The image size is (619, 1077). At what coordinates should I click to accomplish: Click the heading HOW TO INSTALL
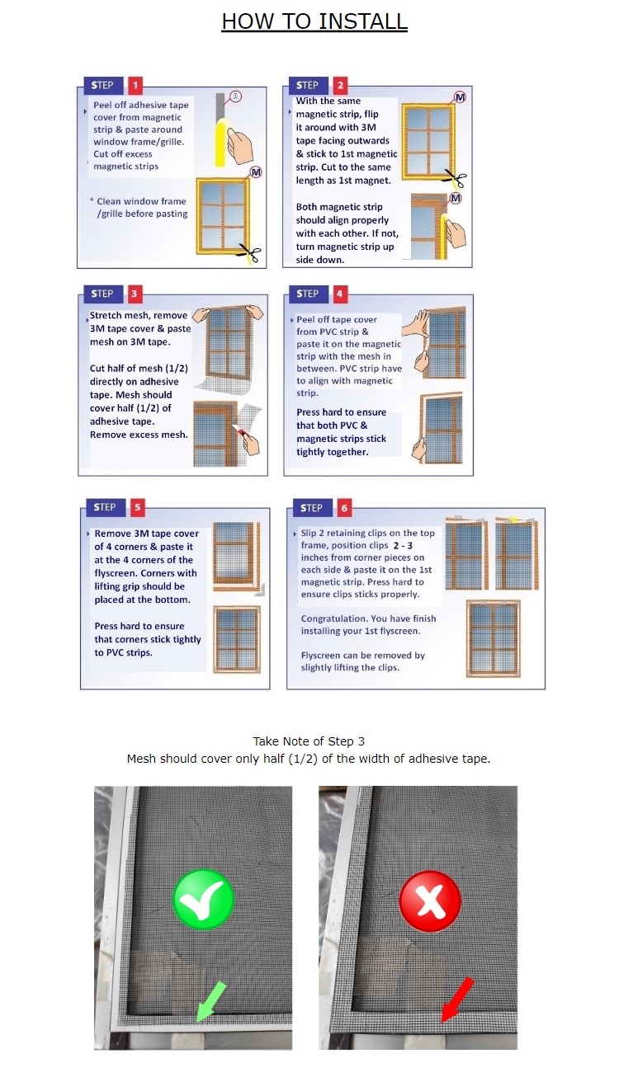314,21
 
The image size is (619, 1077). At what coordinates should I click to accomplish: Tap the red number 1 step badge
135,85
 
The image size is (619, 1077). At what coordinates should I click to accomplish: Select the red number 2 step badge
340,85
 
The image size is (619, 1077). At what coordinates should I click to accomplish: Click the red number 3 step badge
135,294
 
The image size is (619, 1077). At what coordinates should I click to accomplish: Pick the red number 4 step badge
340,294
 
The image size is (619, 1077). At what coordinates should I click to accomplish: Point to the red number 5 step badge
137,507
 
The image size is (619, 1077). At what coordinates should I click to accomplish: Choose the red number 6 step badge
343,507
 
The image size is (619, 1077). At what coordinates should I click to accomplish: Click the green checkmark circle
203,899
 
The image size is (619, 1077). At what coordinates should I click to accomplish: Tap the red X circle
429,899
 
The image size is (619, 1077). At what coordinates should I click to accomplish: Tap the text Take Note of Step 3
309,741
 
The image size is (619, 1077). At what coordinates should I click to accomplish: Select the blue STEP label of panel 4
308,294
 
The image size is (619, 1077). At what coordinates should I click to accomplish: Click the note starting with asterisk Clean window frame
139,208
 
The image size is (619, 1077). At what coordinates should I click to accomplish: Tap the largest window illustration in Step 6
492,637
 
